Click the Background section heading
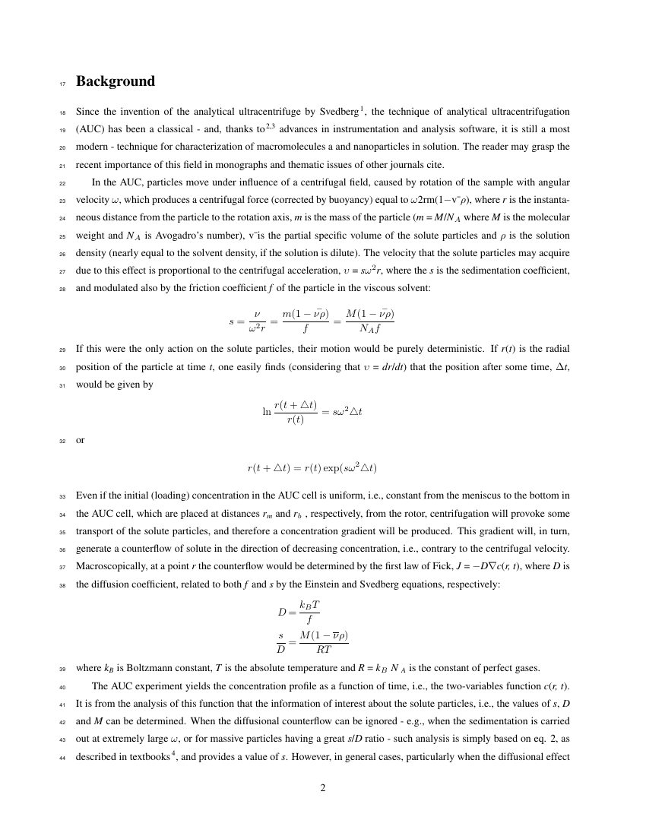point(116,81)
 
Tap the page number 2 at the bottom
point(323,787)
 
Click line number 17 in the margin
point(63,83)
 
